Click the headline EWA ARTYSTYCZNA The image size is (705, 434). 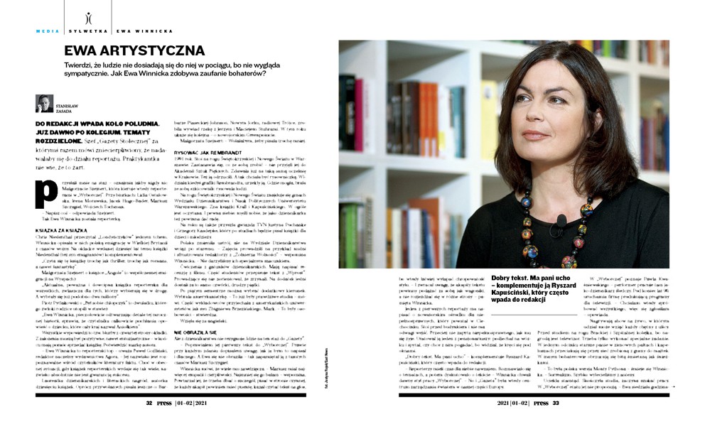pyautogui.click(x=134, y=51)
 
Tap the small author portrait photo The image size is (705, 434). pyautogui.click(x=44, y=104)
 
